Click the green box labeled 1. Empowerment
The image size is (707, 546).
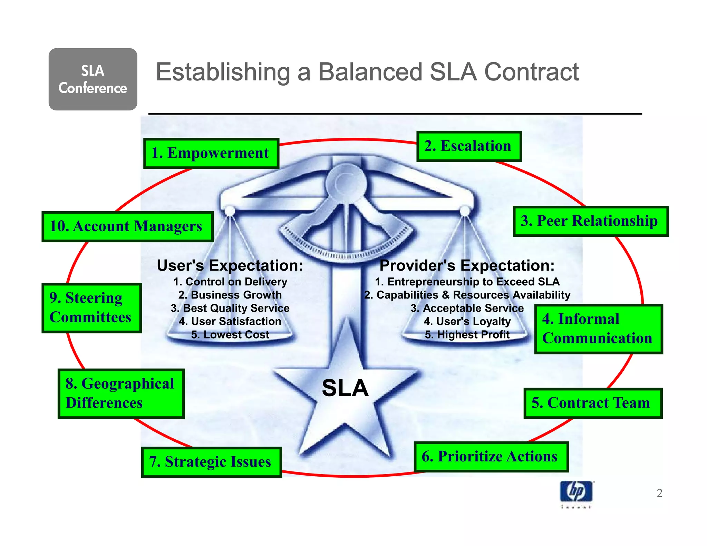pos(211,153)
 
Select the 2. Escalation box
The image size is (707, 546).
pos(469,146)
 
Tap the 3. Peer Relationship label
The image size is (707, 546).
pos(590,221)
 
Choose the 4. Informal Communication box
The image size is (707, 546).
pos(598,329)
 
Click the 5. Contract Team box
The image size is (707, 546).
pos(592,403)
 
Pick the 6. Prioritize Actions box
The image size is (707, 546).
pos(491,457)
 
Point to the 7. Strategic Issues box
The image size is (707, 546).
pos(211,462)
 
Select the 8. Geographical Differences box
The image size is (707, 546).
pos(121,393)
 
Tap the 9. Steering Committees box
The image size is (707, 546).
pos(91,308)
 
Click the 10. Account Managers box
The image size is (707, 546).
pos(127,226)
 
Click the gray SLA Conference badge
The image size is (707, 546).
pos(93,79)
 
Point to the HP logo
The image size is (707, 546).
pos(576,491)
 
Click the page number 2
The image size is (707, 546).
pos(659,493)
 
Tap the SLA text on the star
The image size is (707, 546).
pos(345,388)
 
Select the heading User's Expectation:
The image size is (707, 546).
pos(230,265)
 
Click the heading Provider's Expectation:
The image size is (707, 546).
pos(467,265)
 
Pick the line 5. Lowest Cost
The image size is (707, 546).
pos(230,334)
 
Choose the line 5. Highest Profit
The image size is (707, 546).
pos(467,334)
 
